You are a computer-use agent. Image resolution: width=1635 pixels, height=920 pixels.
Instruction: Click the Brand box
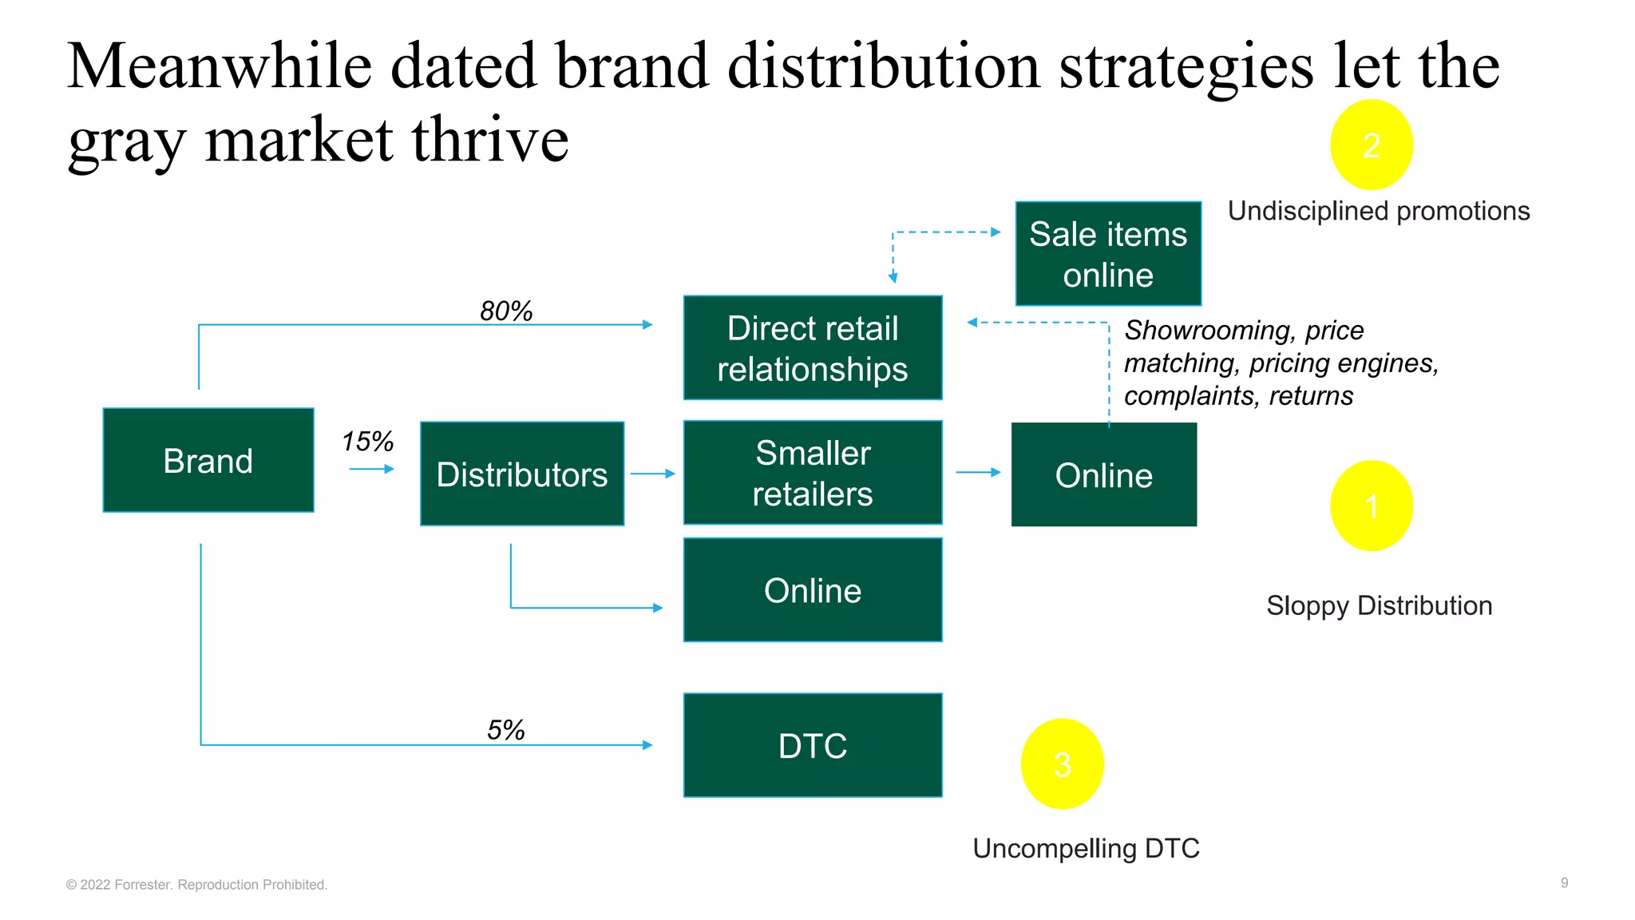(x=208, y=460)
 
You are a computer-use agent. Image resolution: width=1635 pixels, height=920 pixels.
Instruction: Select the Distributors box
(x=522, y=474)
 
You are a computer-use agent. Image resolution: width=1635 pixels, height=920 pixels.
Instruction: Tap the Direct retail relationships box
(x=813, y=348)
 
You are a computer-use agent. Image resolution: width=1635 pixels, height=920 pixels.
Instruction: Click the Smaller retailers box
(x=813, y=473)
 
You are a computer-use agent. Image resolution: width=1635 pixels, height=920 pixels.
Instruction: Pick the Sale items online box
(x=1108, y=254)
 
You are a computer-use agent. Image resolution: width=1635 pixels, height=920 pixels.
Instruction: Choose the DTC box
(x=813, y=745)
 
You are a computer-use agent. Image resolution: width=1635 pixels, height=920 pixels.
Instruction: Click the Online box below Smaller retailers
(x=813, y=590)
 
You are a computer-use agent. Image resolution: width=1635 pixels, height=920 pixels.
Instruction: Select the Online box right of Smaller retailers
(x=1104, y=474)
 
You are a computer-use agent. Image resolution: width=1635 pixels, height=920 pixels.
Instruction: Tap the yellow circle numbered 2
(x=1372, y=145)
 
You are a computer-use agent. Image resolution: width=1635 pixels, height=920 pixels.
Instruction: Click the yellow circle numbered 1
(x=1372, y=506)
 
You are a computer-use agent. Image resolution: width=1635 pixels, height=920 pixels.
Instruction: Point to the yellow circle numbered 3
(x=1062, y=764)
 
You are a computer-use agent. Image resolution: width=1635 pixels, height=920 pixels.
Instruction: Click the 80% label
(x=506, y=311)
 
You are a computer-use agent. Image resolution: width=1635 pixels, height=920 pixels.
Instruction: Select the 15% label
(x=367, y=441)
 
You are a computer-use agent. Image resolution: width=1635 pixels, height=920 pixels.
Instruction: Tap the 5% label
(x=506, y=729)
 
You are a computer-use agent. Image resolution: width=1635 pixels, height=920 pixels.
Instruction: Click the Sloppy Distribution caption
(x=1379, y=605)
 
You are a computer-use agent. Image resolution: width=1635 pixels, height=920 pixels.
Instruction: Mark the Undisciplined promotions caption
(x=1379, y=211)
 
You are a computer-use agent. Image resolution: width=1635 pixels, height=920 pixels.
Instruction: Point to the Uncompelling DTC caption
(x=1086, y=848)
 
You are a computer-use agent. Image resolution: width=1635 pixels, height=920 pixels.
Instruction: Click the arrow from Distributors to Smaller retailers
(x=653, y=474)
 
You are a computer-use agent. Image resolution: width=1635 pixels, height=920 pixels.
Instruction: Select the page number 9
(x=1564, y=882)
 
